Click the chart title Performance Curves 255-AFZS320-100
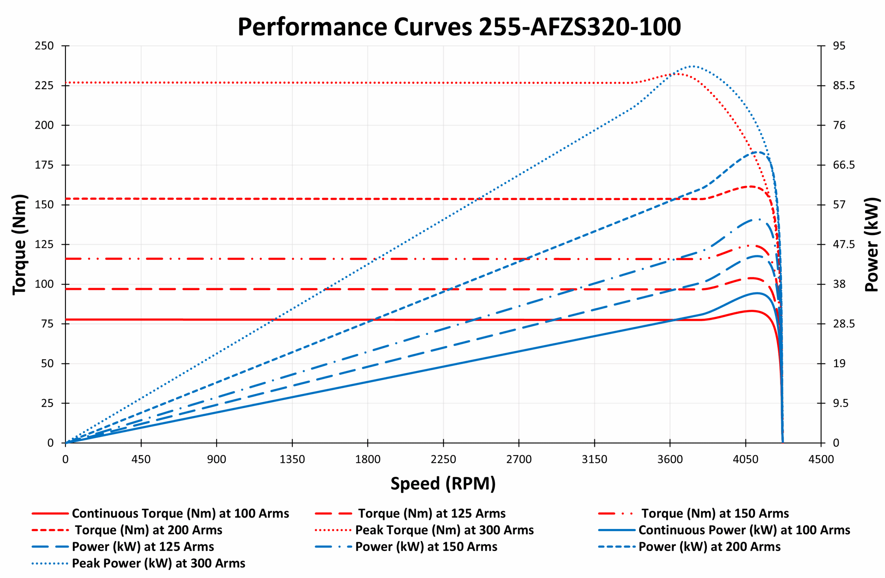(459, 27)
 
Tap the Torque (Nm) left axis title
(19, 244)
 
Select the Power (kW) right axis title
(871, 244)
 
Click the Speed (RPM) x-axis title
(443, 484)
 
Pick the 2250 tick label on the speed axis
(443, 459)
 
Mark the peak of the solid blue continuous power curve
(757, 293)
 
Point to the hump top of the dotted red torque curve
(678, 74)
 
